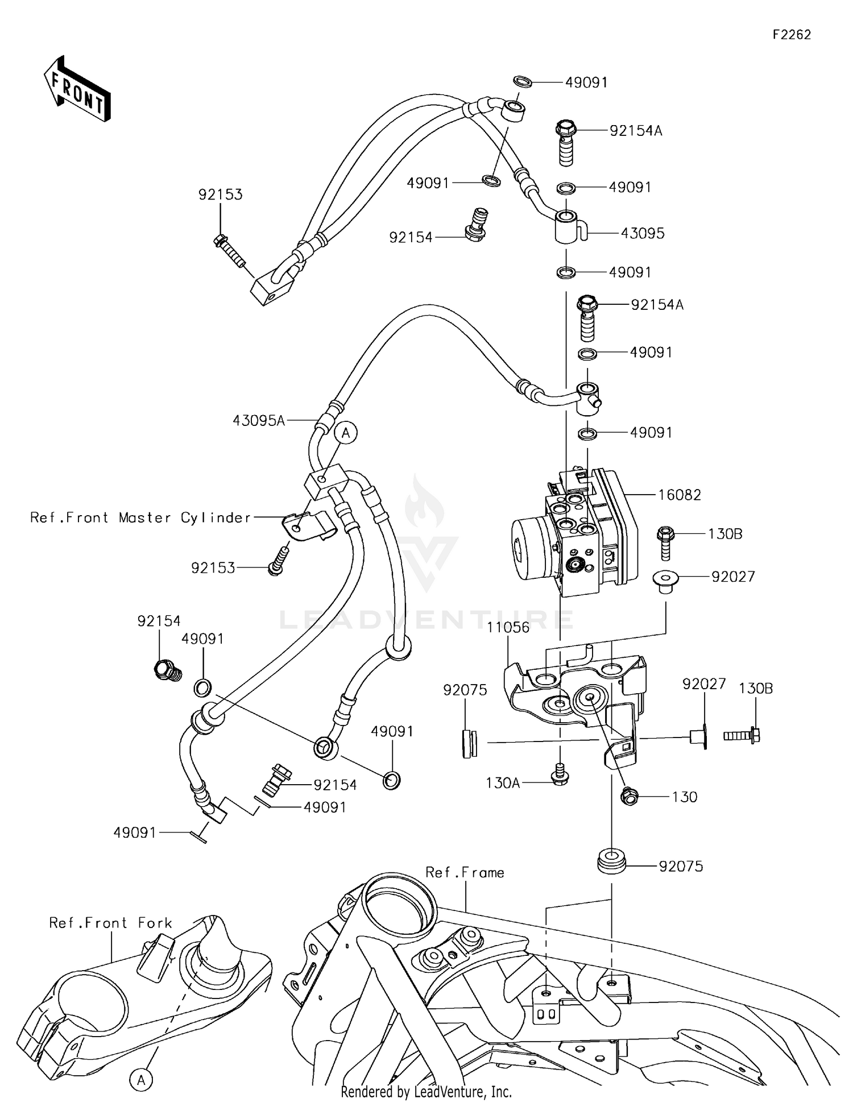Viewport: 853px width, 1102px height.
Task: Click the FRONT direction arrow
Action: click(x=77, y=89)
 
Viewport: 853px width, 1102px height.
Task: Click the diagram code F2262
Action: click(x=791, y=35)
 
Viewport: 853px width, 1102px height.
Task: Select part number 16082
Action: click(x=680, y=495)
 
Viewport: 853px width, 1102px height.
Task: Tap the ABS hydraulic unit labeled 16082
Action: click(x=574, y=535)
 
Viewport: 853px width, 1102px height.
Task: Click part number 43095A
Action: click(x=258, y=420)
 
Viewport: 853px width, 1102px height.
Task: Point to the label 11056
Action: click(x=508, y=627)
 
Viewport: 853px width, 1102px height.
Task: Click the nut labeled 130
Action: click(x=630, y=796)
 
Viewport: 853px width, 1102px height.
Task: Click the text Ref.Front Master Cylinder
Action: click(x=140, y=517)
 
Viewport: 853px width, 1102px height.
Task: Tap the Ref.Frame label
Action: click(x=465, y=872)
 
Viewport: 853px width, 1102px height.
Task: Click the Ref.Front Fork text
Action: click(x=110, y=922)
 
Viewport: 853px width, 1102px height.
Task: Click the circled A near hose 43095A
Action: click(x=346, y=433)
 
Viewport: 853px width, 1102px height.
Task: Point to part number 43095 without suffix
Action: click(x=642, y=233)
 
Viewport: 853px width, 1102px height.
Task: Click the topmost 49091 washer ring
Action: click(x=523, y=81)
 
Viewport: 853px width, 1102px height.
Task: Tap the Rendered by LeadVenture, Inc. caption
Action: click(x=426, y=1091)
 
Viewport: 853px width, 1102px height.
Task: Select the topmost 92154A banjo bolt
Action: click(x=566, y=142)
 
